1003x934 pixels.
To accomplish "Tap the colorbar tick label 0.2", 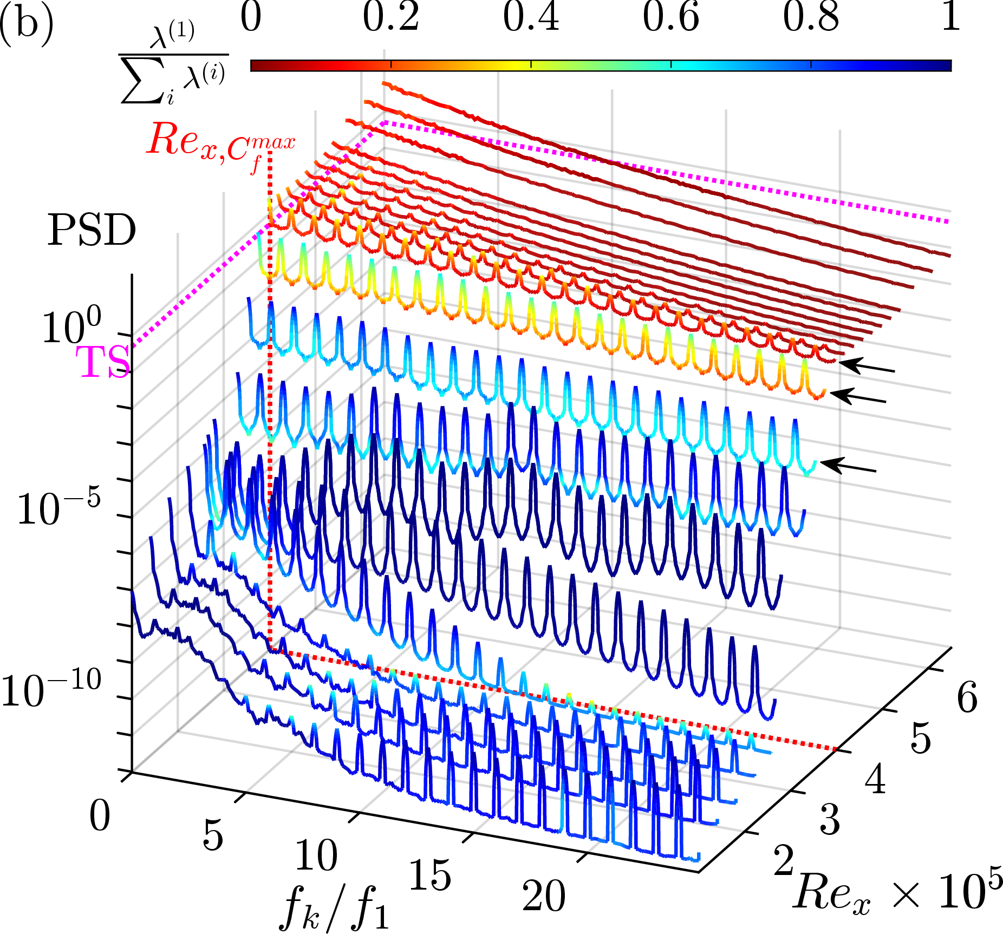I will [390, 17].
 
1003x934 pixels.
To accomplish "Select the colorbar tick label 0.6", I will [670, 17].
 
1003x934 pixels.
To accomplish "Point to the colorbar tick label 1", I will [951, 17].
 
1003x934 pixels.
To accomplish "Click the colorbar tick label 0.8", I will [811, 17].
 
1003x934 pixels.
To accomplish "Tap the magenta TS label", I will [103, 362].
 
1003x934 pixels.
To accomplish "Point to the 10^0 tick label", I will [70, 327].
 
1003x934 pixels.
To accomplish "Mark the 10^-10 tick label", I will [51, 690].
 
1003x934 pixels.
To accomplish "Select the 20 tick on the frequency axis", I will [544, 896].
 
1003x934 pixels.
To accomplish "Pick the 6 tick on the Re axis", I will [967, 697].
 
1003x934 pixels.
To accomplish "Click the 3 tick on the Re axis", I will [830, 819].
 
